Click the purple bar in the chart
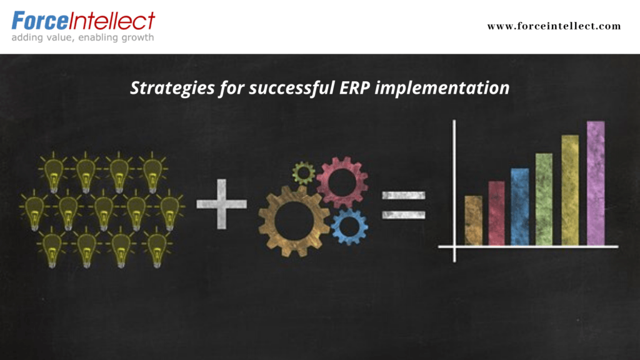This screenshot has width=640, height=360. (596, 183)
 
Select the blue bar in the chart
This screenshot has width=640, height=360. (520, 206)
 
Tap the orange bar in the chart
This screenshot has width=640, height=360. (474, 221)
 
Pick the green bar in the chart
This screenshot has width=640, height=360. (544, 199)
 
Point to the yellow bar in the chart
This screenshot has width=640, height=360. (570, 190)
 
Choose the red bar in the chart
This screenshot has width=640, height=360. (496, 213)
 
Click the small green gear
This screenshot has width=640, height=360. (303, 172)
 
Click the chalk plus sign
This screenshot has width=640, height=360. (222, 204)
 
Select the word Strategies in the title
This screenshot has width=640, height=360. (172, 88)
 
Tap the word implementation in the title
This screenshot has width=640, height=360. (442, 87)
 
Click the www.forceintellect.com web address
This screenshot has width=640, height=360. (554, 26)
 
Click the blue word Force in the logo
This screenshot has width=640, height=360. (40, 21)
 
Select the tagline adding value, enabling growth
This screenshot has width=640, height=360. (83, 37)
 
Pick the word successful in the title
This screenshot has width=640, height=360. (292, 87)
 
